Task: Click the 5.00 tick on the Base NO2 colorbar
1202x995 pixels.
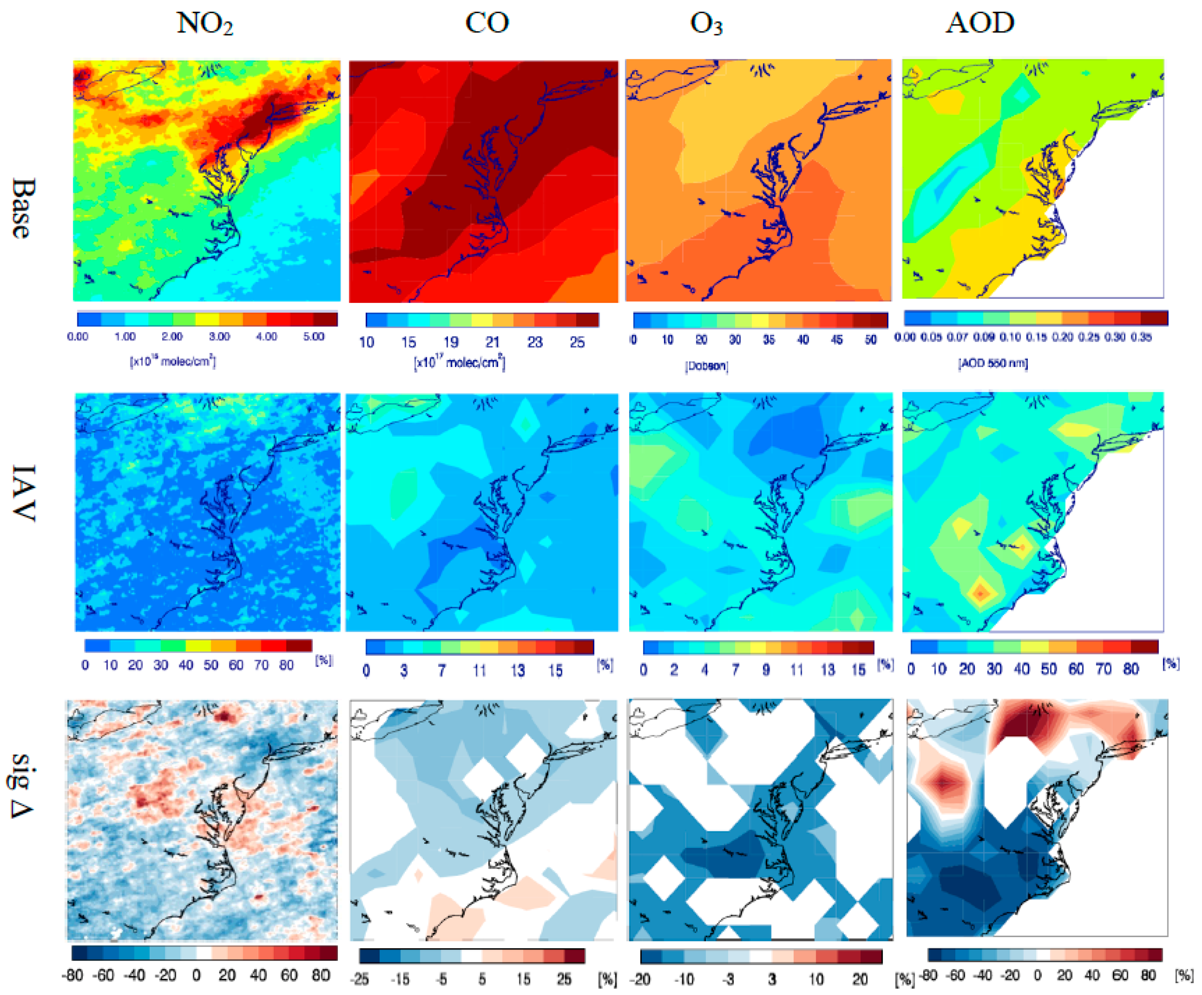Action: (314, 336)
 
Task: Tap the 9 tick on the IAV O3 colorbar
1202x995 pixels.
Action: (766, 669)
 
